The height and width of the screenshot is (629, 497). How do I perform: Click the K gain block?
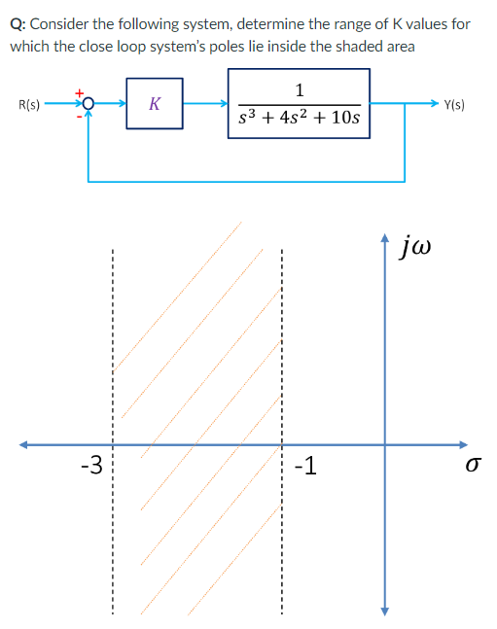pos(156,102)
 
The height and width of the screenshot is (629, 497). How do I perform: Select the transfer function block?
pos(299,103)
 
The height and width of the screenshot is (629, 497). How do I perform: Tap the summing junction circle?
pos(89,103)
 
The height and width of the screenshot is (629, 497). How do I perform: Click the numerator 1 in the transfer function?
pos(300,90)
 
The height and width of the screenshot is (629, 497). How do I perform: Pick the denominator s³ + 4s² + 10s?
pos(299,119)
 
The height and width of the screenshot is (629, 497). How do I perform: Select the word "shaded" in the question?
pos(361,45)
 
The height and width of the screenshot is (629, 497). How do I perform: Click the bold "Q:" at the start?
pos(18,22)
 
